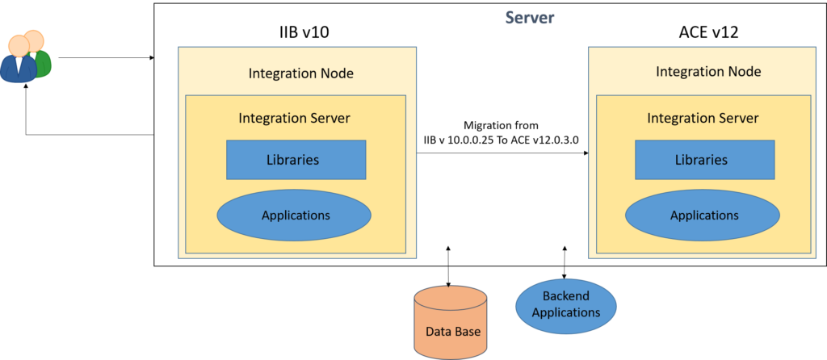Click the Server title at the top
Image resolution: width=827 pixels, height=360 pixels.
point(530,17)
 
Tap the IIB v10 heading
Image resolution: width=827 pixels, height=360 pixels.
point(299,33)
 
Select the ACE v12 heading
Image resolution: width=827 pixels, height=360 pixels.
point(708,33)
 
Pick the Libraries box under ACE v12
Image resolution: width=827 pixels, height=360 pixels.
point(701,160)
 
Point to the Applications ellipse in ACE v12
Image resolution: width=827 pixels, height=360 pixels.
point(703,216)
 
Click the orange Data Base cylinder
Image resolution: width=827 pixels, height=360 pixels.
point(451,323)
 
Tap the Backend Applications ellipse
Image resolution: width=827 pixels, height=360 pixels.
point(565,305)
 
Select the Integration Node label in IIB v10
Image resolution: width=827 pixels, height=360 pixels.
point(300,73)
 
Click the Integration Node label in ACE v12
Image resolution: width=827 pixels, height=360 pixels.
point(708,71)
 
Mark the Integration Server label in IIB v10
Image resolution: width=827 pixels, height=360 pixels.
point(294,118)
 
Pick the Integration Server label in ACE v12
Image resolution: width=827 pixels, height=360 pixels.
point(703,118)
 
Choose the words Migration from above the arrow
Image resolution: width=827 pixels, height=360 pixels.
point(501,126)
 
